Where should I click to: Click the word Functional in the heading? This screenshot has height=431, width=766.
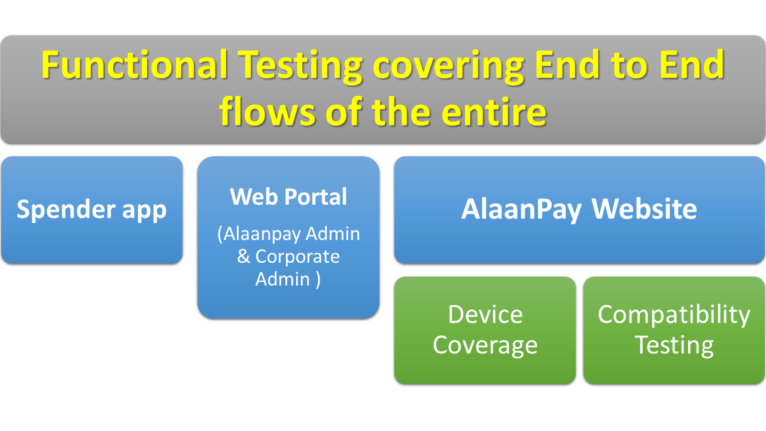tap(135, 65)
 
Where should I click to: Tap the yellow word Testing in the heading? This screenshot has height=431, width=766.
tap(300, 67)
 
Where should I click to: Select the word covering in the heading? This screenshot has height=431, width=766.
tap(448, 67)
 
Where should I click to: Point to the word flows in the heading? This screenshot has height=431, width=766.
tap(267, 110)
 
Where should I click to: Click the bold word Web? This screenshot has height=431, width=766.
tap(254, 197)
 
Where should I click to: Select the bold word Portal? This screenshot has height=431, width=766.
tap(315, 197)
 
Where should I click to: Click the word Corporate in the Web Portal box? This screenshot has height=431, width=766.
tap(297, 257)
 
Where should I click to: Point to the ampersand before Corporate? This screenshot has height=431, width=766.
tap(244, 256)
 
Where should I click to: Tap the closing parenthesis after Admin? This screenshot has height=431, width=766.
tap(318, 280)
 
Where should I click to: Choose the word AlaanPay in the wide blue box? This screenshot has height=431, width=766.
tap(521, 210)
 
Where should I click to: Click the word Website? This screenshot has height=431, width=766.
tap(644, 208)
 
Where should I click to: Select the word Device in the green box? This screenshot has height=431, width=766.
tap(485, 314)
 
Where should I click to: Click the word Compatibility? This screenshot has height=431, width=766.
tap(674, 315)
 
